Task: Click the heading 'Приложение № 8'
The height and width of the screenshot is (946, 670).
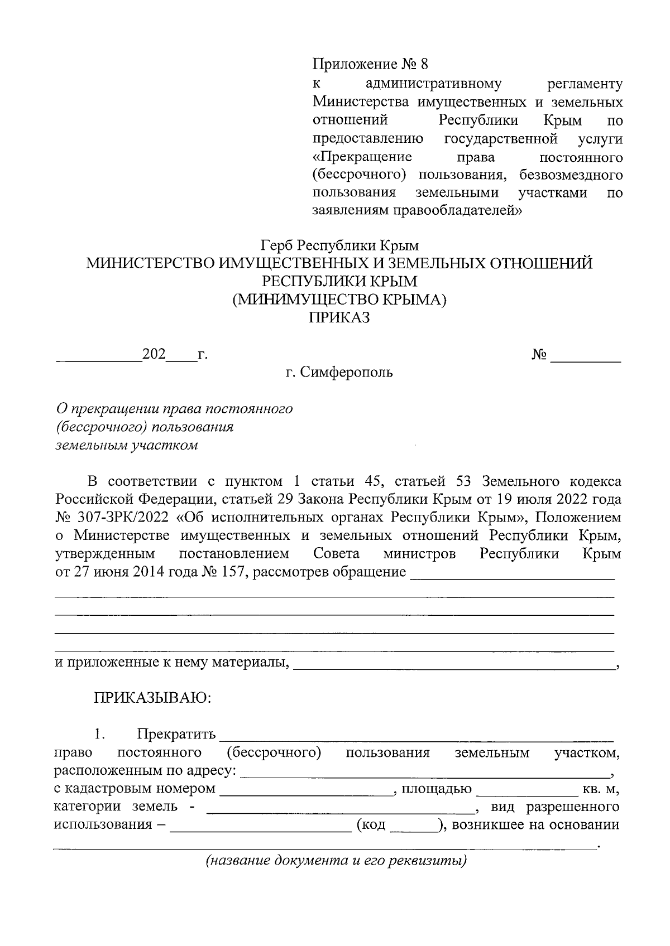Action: [x=369, y=65]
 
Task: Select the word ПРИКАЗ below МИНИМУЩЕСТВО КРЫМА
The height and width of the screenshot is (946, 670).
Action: [x=339, y=318]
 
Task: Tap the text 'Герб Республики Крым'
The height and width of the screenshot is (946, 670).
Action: [x=339, y=245]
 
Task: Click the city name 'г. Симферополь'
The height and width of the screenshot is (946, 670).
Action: [x=339, y=372]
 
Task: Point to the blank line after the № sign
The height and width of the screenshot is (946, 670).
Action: [x=586, y=357]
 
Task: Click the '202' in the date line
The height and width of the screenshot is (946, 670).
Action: [x=154, y=355]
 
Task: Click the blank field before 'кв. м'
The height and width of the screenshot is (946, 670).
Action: [x=527, y=790]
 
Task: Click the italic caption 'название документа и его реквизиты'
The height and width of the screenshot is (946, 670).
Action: [x=336, y=860]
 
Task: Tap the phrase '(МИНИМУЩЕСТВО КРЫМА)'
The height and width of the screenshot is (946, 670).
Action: [x=339, y=300]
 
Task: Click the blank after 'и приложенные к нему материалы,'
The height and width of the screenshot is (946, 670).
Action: [x=452, y=663]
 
